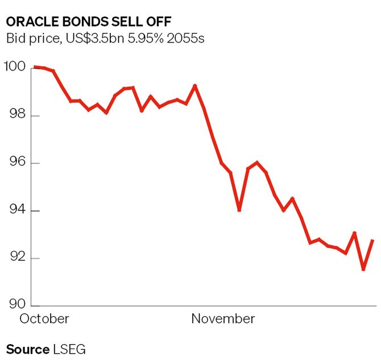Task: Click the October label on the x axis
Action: pos(44,318)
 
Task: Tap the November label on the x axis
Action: pos(223,318)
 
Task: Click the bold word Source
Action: pos(28,349)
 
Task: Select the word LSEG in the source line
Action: pos(69,349)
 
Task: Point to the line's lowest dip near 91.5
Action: pos(363,269)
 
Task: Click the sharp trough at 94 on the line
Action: pos(239,210)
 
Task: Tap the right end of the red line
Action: pos(373,241)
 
